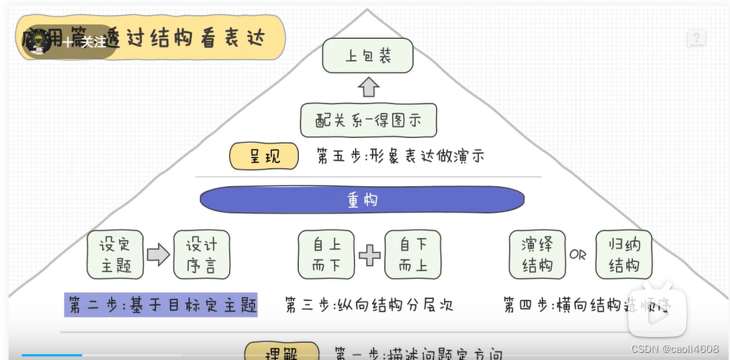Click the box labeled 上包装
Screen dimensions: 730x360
tap(368, 56)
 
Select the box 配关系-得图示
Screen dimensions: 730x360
tap(368, 119)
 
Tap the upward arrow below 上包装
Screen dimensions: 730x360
tap(368, 88)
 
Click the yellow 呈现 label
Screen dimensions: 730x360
tap(264, 156)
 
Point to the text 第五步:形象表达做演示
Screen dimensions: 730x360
tap(399, 156)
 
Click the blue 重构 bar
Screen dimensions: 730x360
tap(362, 200)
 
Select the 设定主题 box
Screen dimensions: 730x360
tap(115, 254)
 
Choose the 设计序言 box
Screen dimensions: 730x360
tap(202, 254)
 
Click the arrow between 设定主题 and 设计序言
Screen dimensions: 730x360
tap(158, 254)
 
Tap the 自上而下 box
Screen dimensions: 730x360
tap(327, 254)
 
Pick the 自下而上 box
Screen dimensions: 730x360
tap(413, 254)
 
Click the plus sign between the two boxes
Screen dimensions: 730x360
tap(370, 255)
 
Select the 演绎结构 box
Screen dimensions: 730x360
tap(537, 254)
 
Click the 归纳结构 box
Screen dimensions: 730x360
tap(624, 254)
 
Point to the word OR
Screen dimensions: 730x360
tap(578, 255)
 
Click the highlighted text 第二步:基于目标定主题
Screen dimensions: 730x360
tap(161, 305)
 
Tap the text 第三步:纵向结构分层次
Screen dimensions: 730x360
tap(369, 305)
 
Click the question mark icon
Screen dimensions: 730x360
tap(696, 38)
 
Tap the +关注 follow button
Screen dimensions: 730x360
tap(84, 42)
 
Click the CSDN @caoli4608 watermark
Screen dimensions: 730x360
tap(675, 348)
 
